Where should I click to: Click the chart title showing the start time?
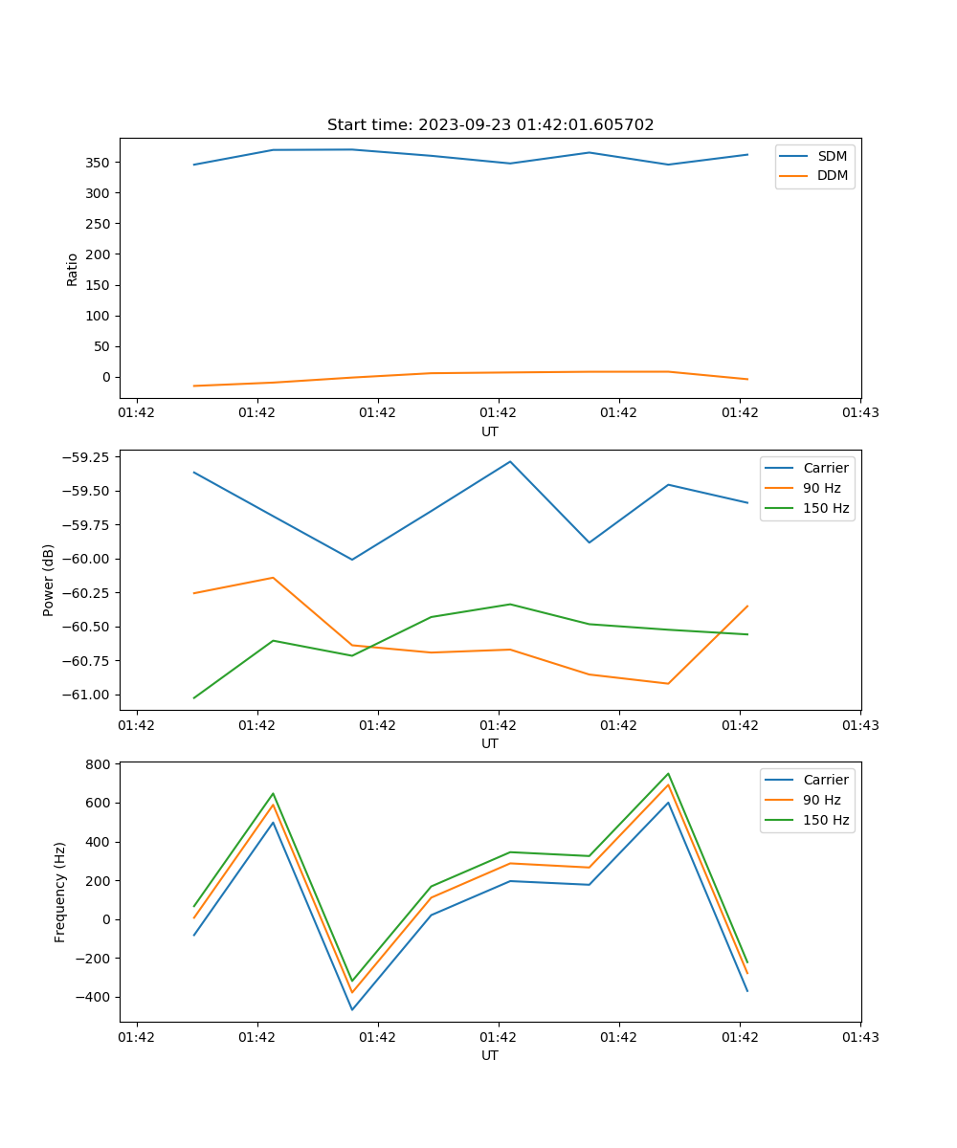pos(490,125)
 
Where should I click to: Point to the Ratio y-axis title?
pos(73,269)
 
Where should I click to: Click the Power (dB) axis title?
pos(49,580)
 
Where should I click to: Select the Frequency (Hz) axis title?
pos(60,892)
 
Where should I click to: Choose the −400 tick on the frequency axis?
pos(95,997)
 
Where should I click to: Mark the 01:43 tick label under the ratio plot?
pos(860,413)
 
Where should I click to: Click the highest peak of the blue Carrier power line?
pos(510,462)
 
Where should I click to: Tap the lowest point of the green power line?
pos(194,697)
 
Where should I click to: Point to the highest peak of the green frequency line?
pos(668,774)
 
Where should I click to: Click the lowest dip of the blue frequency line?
pos(352,1009)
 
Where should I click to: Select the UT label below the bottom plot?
pos(490,1055)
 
